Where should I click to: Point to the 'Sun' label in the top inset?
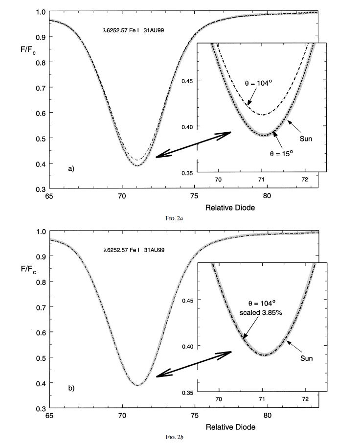306,139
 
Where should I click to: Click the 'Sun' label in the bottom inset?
306,358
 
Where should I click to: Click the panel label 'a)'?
71,169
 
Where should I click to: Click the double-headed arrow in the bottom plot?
193,364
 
